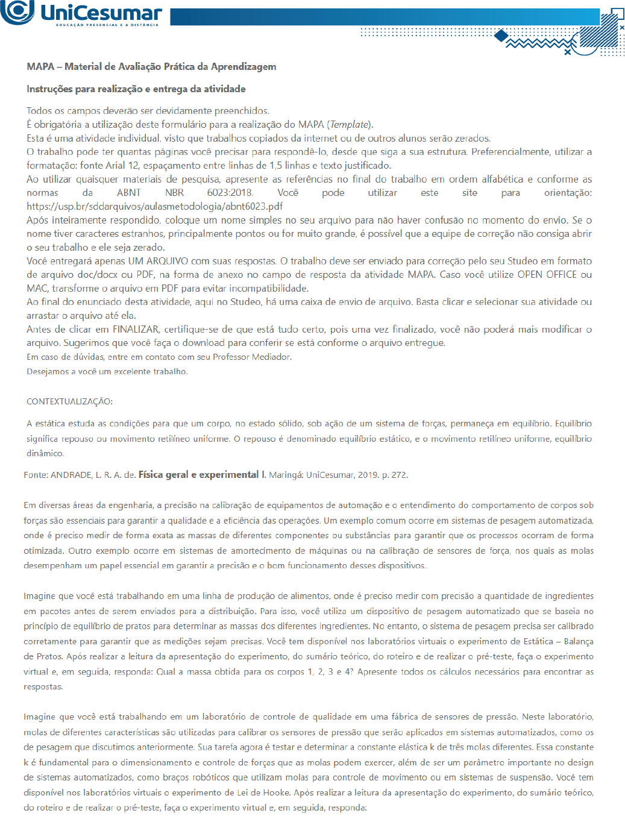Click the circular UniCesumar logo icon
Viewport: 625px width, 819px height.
(x=17, y=11)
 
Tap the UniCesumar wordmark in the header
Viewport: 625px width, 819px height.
(x=101, y=13)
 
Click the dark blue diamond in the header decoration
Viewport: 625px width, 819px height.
(x=501, y=36)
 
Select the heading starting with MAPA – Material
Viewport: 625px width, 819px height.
(x=151, y=66)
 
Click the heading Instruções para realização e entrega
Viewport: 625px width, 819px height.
(x=136, y=89)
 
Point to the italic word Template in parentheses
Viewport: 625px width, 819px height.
(x=350, y=124)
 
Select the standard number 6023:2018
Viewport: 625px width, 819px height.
(x=230, y=192)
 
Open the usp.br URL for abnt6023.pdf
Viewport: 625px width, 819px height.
(x=155, y=206)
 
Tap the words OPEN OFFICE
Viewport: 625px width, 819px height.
(x=547, y=274)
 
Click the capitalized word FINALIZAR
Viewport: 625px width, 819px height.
(x=136, y=329)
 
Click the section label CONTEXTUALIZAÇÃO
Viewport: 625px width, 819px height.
(x=69, y=401)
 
